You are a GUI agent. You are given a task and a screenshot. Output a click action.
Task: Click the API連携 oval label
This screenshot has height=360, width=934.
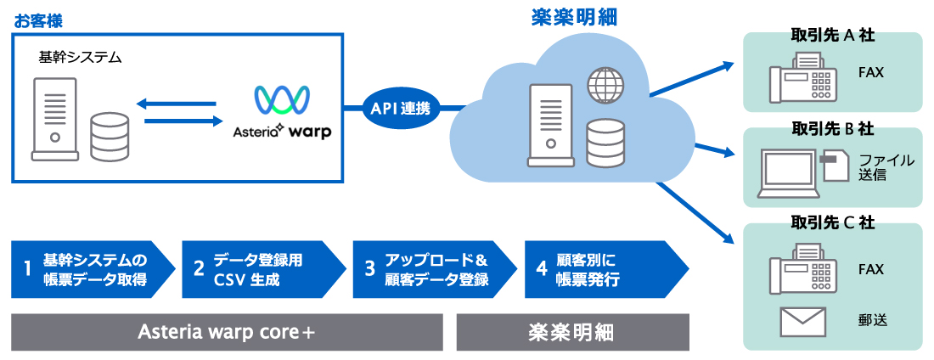401,108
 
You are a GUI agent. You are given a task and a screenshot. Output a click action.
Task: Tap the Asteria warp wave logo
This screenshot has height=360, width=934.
283,100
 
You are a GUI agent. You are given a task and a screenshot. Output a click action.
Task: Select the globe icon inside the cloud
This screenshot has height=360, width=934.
605,84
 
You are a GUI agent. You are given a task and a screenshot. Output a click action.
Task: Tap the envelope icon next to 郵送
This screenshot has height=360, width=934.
802,321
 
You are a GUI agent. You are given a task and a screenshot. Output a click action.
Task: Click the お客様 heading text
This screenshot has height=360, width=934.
38,18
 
